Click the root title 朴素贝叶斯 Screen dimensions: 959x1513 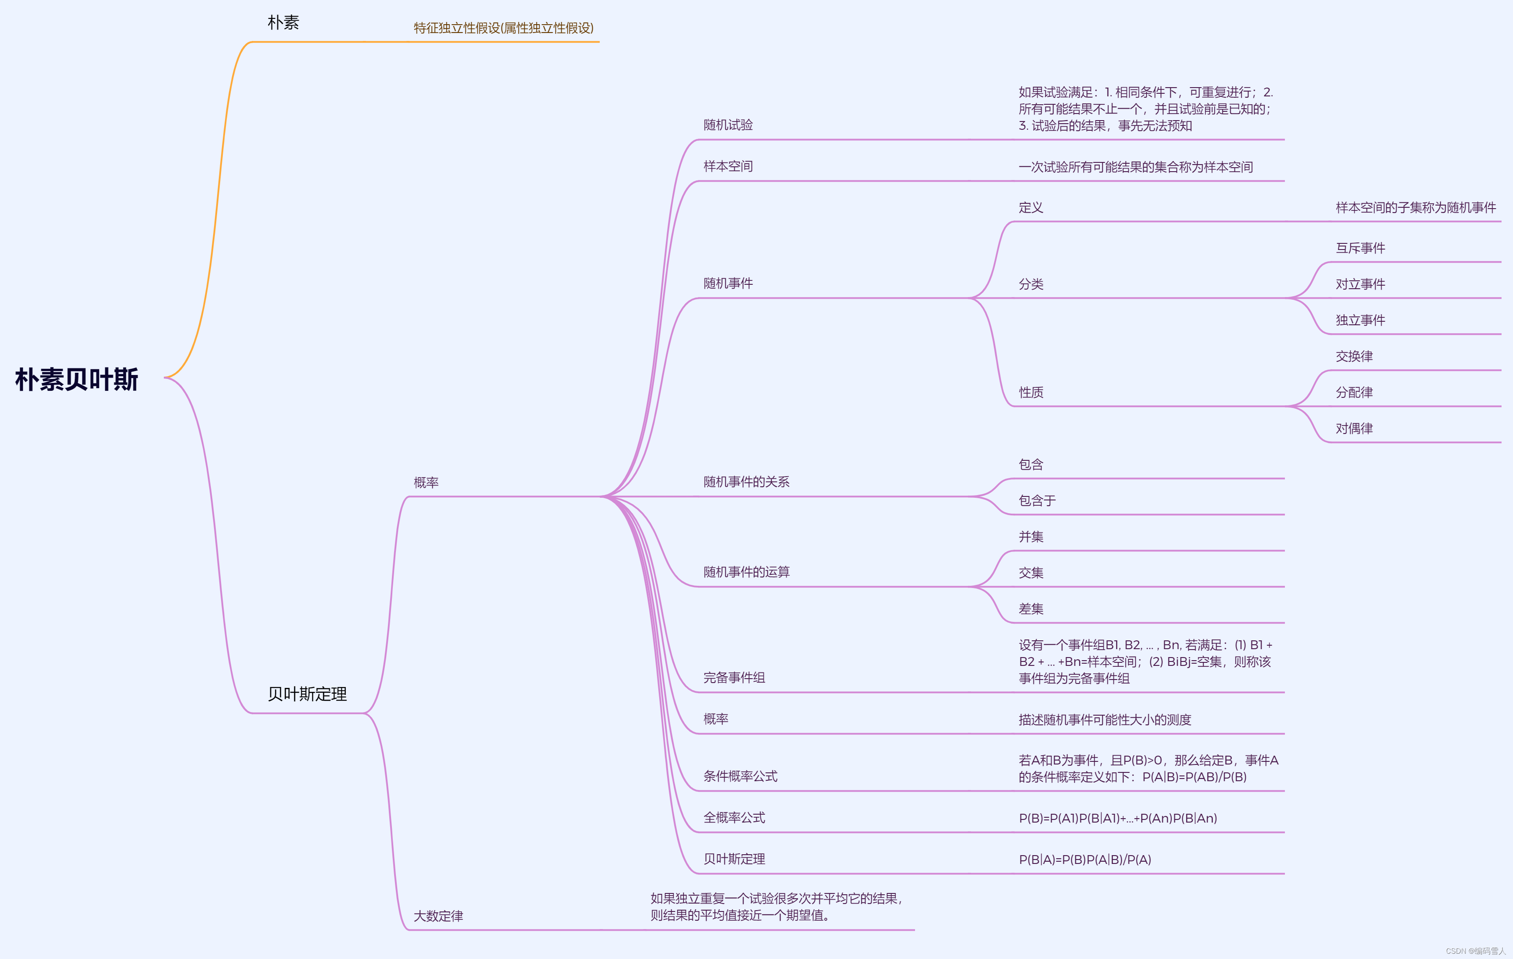77,379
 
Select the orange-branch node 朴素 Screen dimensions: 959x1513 284,22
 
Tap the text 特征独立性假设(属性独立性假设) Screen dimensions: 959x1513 503,28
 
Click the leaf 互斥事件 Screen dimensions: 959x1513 1360,248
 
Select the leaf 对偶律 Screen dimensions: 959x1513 1354,428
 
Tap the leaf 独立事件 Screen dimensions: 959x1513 1360,320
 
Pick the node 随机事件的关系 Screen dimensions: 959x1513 746,481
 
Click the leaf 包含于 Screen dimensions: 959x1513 1037,500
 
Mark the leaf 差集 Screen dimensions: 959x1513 1030,609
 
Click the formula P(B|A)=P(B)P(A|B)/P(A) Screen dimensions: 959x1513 1085,859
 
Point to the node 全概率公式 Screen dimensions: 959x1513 734,818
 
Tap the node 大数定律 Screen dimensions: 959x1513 438,916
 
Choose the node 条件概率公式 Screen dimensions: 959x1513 740,776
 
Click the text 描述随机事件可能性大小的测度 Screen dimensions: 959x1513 1105,720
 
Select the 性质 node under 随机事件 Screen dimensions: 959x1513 1030,393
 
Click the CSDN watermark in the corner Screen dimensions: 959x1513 1475,951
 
